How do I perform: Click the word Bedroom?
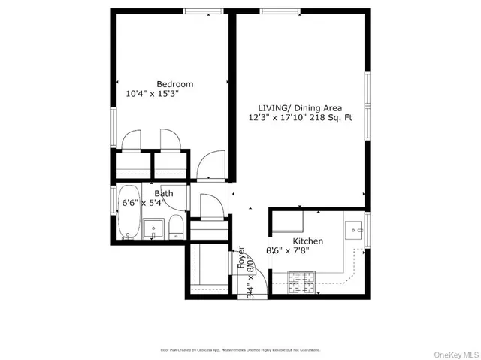point(175,83)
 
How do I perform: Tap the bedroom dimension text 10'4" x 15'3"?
point(152,95)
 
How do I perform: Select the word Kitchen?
point(308,241)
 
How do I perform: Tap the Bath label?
point(164,194)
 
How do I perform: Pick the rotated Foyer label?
point(242,259)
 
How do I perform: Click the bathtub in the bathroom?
point(129,212)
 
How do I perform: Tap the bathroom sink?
point(154,228)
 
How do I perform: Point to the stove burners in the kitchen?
point(301,284)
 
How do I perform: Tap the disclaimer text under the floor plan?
point(240,350)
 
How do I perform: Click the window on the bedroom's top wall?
point(198,11)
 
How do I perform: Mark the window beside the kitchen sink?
point(368,228)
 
